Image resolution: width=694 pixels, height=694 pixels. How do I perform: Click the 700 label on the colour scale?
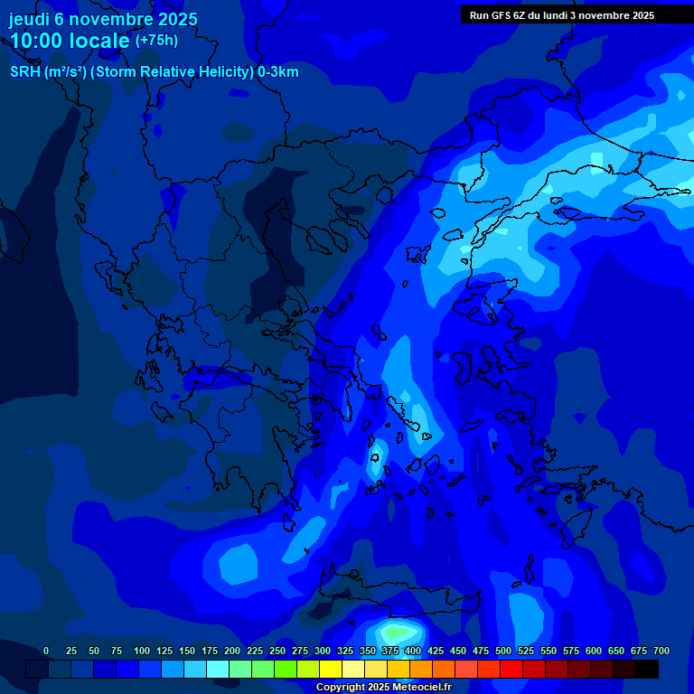[x=661, y=651]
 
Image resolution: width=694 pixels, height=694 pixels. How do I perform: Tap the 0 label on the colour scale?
[x=46, y=651]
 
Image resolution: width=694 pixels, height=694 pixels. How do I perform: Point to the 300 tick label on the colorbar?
[x=323, y=651]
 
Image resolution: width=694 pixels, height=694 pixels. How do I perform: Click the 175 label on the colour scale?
[x=210, y=651]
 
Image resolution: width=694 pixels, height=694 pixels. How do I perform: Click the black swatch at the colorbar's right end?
[x=647, y=669]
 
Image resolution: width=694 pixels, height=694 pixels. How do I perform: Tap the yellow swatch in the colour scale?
[x=331, y=669]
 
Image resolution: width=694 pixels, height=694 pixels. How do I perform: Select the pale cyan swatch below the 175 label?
[x=218, y=669]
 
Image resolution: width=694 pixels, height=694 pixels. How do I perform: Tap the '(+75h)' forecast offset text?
[x=156, y=41]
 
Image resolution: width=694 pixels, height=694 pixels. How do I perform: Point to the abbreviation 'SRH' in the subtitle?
[x=24, y=72]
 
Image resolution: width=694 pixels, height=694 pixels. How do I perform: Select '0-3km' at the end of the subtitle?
[x=277, y=72]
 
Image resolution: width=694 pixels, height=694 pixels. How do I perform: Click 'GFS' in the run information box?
[x=502, y=15]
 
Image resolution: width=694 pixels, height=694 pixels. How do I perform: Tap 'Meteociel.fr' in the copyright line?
[x=416, y=687]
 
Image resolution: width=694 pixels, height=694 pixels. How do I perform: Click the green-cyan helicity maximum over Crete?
[x=398, y=631]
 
